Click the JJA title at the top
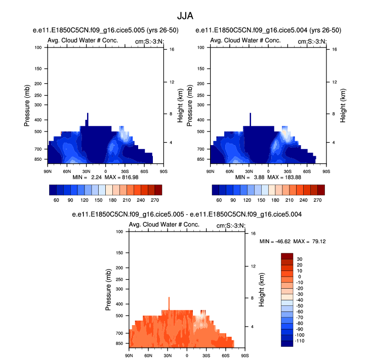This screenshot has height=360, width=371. coord(185,16)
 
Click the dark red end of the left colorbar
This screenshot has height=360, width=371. coord(158,190)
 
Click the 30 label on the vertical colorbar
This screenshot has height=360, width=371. coord(300,259)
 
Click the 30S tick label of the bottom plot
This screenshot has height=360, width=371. coord(206,355)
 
